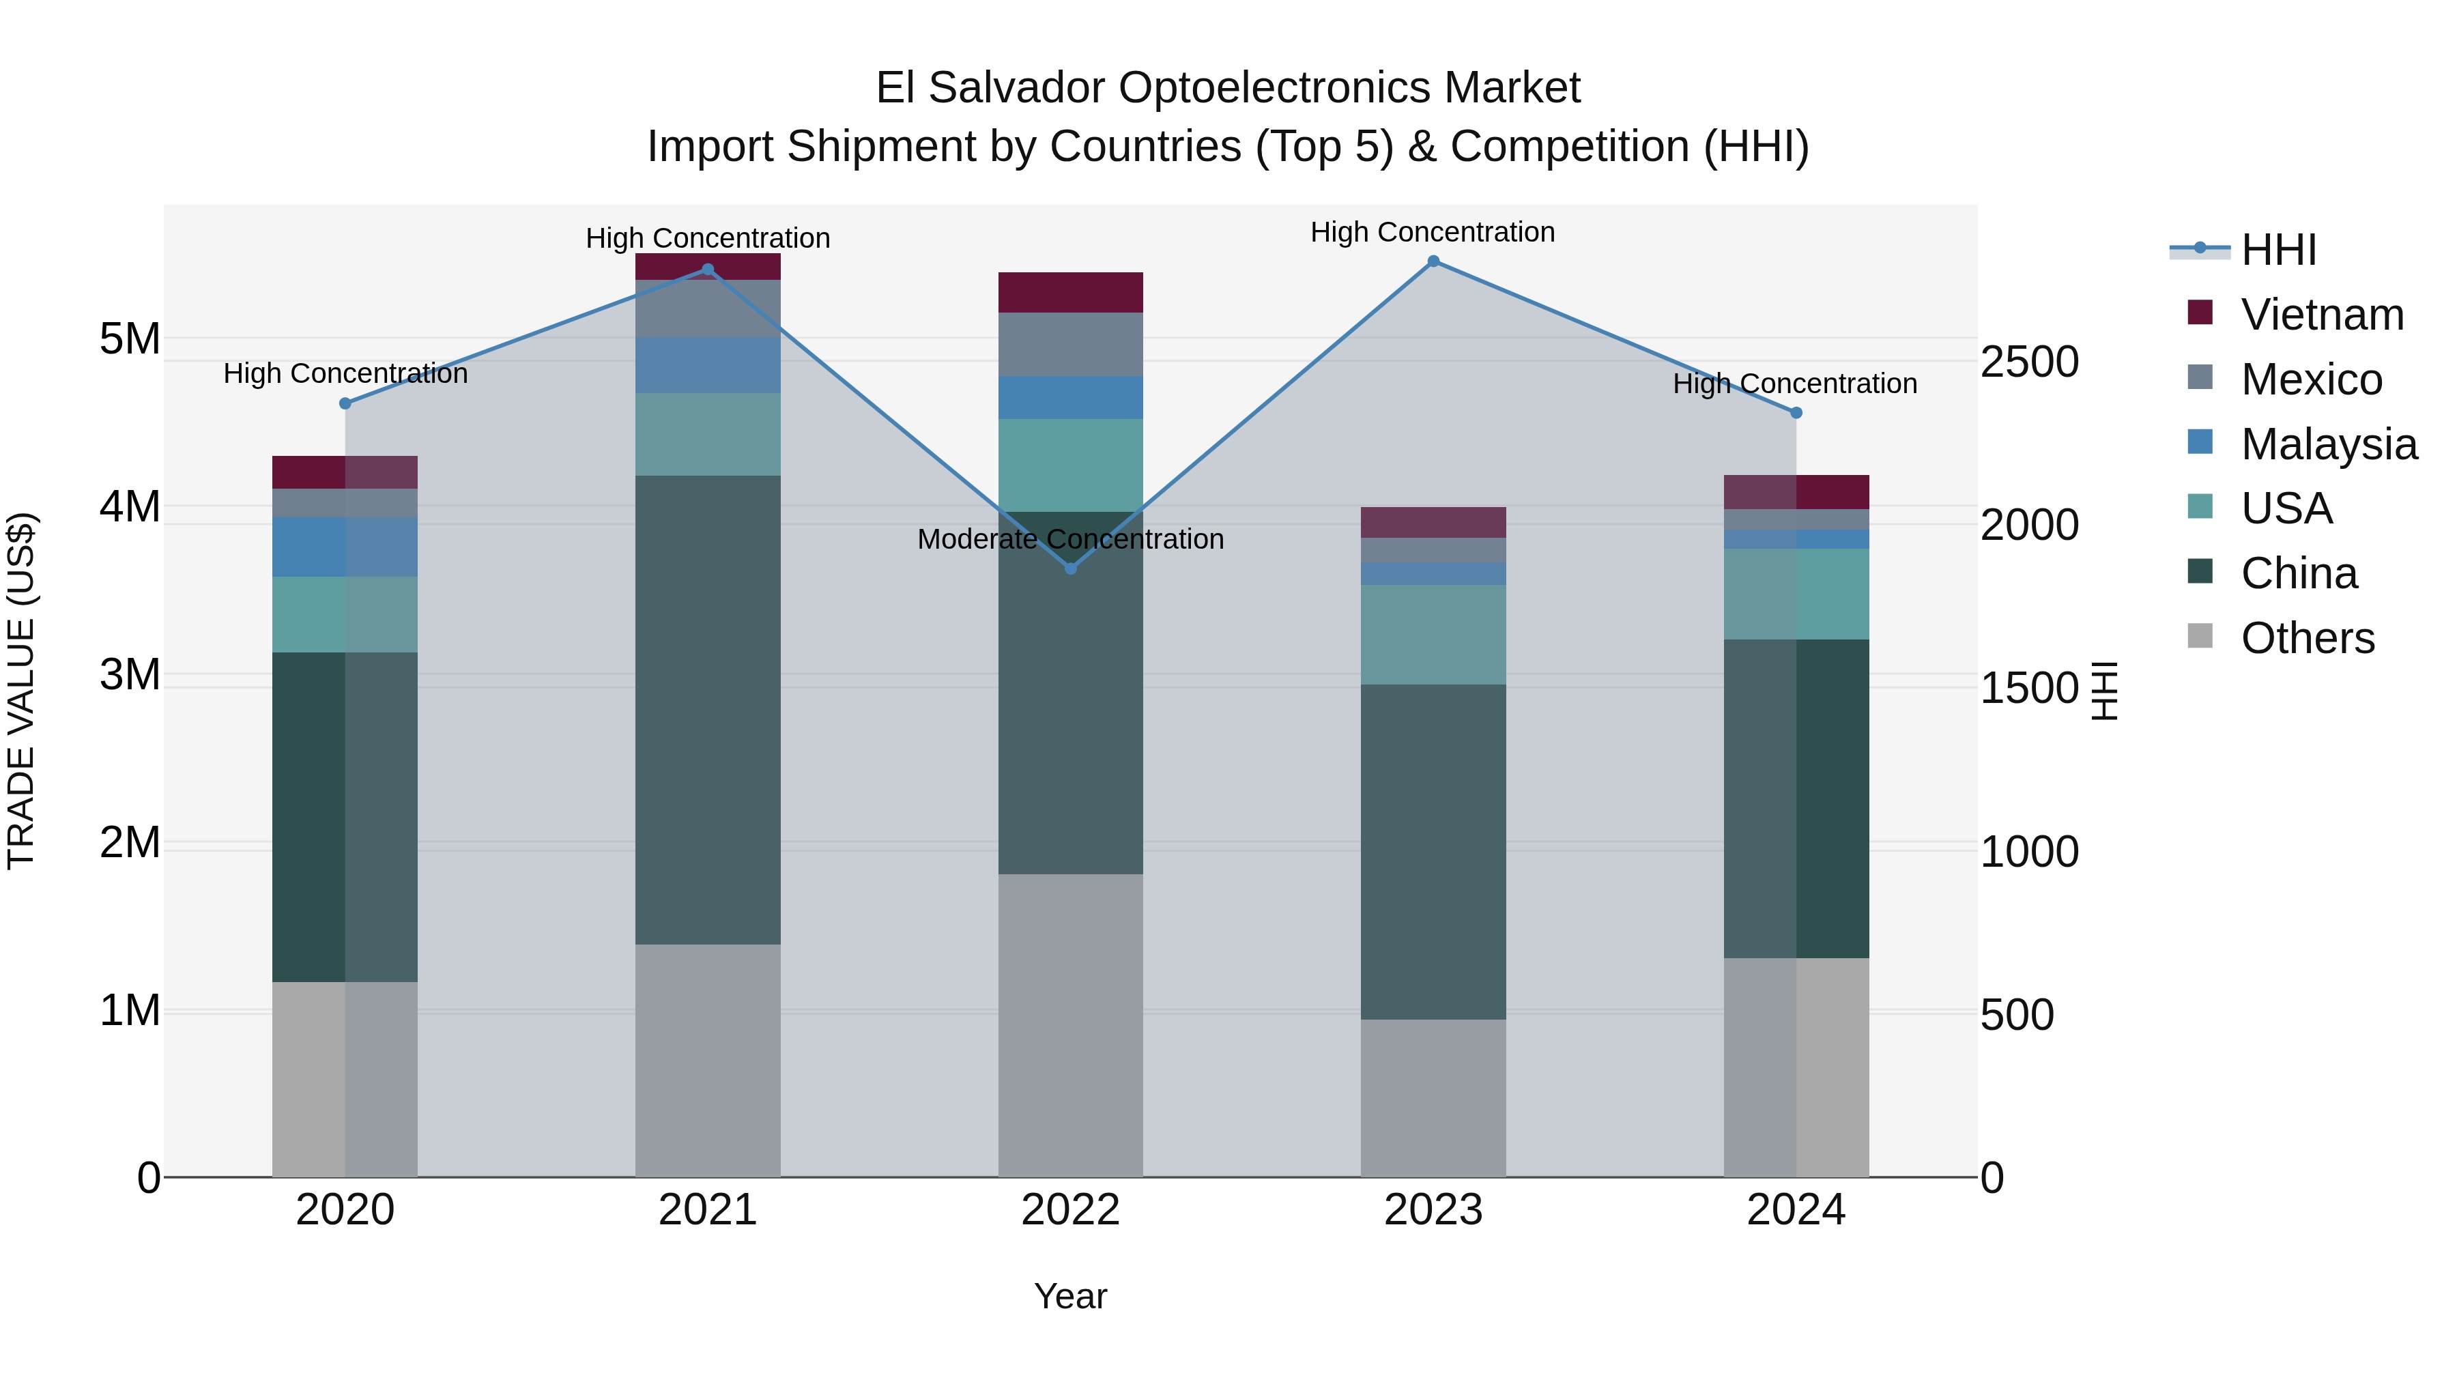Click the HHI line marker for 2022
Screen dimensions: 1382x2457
[x=1070, y=568]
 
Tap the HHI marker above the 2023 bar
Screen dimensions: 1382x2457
[x=1433, y=261]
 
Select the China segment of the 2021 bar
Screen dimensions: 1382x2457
[x=708, y=710]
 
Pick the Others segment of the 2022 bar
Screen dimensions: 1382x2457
[x=1070, y=1024]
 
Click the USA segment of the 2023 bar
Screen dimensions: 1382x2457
[x=1433, y=634]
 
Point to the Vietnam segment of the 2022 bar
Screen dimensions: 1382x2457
[x=1070, y=292]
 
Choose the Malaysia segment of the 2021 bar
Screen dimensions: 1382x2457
[x=708, y=365]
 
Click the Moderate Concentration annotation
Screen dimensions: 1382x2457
[x=1070, y=539]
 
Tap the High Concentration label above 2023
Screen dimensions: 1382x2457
[x=1433, y=232]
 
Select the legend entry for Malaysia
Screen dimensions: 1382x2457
[x=2328, y=444]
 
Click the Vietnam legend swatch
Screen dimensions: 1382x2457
[x=2200, y=313]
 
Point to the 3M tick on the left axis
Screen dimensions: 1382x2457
[x=130, y=674]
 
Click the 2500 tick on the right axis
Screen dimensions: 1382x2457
[x=2029, y=362]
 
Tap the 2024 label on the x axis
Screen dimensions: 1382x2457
[x=1795, y=1210]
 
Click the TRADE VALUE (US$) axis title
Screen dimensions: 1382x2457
[x=21, y=691]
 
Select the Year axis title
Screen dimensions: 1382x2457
[x=1070, y=1296]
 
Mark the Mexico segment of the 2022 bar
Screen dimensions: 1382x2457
[x=1070, y=345]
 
